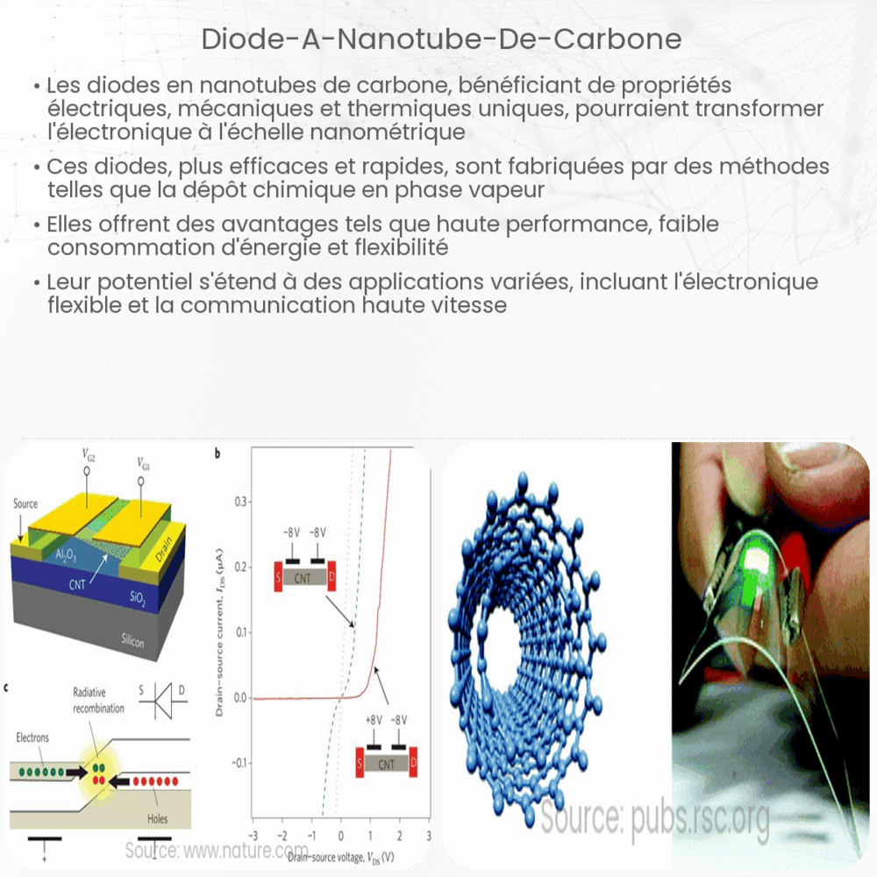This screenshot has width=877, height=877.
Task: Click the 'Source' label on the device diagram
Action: [x=26, y=503]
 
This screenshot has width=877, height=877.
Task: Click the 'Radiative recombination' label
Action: [x=97, y=702]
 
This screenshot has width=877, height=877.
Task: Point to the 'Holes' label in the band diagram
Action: [x=158, y=819]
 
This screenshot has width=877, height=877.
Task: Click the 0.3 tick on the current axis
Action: [x=239, y=502]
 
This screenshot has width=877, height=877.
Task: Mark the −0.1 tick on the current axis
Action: [x=237, y=763]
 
